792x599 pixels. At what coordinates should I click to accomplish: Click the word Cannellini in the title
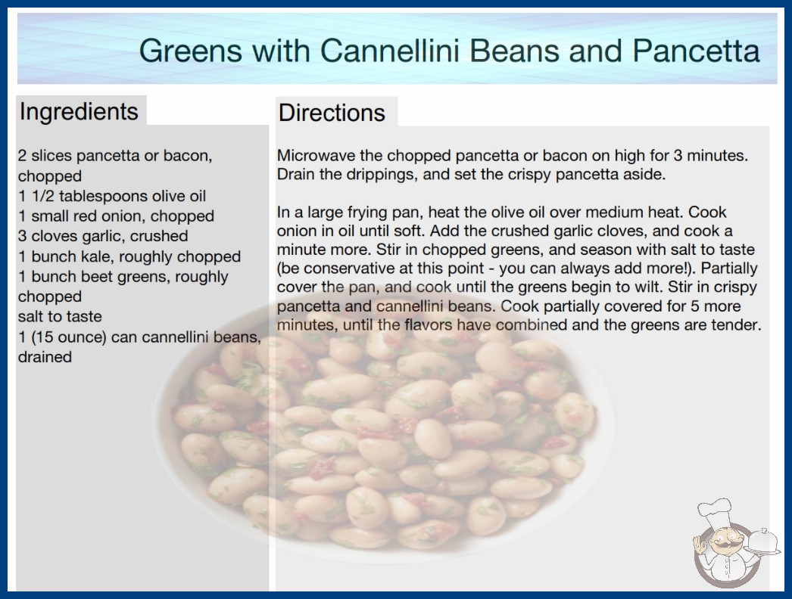pyautogui.click(x=390, y=51)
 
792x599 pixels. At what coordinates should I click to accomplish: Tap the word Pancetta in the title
pyautogui.click(x=696, y=51)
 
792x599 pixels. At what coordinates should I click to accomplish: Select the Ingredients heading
pyautogui.click(x=79, y=112)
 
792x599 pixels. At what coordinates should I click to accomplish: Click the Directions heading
pyautogui.click(x=332, y=113)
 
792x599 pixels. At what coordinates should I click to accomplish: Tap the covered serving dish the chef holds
pyautogui.click(x=764, y=542)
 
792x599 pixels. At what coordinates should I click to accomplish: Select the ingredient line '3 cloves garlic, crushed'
pyautogui.click(x=103, y=236)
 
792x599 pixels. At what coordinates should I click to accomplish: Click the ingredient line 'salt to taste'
pyautogui.click(x=60, y=316)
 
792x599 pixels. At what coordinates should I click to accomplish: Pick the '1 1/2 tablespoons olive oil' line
pyautogui.click(x=112, y=197)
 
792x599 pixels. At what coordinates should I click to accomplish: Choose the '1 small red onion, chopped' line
pyautogui.click(x=116, y=216)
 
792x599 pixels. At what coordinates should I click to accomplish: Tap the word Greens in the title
pyautogui.click(x=190, y=51)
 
